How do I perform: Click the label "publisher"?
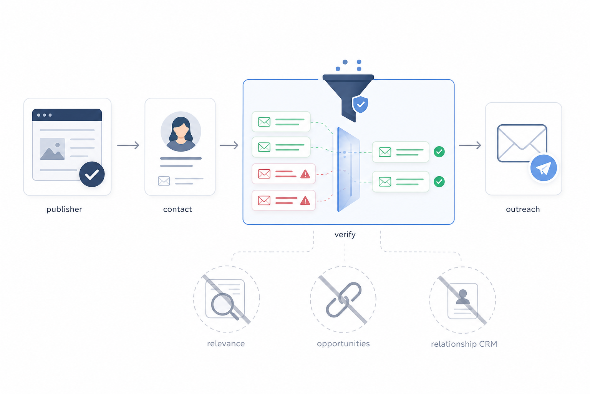point(64,209)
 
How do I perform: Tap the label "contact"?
point(177,209)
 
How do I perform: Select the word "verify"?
point(345,234)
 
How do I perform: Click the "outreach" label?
point(523,209)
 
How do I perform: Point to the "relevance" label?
point(226,344)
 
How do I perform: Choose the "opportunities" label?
point(343,344)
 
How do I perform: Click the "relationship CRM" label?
point(464,344)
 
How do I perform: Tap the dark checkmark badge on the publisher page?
point(92,174)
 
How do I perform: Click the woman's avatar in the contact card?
point(181,132)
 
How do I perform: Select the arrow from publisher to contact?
point(128,145)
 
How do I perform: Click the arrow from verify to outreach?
point(470,145)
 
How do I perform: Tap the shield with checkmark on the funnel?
point(360,105)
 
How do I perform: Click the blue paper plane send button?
point(544,168)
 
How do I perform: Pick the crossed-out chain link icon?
point(343,300)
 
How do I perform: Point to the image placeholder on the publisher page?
point(52,149)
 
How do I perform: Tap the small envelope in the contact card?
point(164,181)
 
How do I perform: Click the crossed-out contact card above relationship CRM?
point(463,301)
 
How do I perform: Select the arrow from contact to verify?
point(229,145)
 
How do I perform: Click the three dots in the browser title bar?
point(44,115)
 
